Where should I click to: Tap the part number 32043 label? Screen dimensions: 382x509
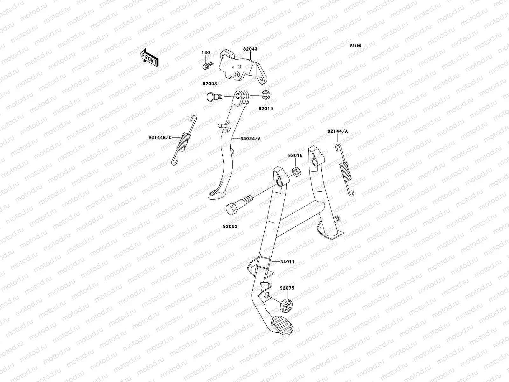click(x=250, y=49)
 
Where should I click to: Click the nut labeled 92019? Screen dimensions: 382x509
click(x=265, y=95)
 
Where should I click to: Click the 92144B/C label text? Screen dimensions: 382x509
click(x=160, y=138)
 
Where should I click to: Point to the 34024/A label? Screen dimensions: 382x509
click(x=250, y=139)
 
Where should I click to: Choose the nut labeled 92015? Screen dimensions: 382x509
click(x=295, y=172)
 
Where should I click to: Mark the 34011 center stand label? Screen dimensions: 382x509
click(x=287, y=262)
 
